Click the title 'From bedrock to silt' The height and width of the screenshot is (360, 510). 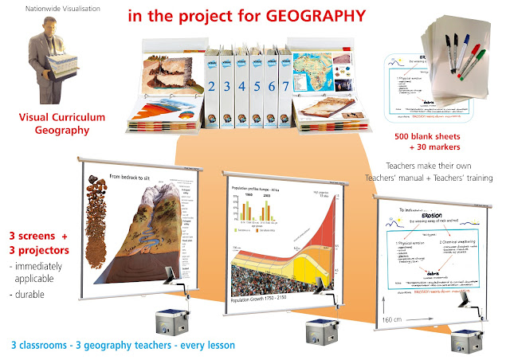[x=131, y=177]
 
